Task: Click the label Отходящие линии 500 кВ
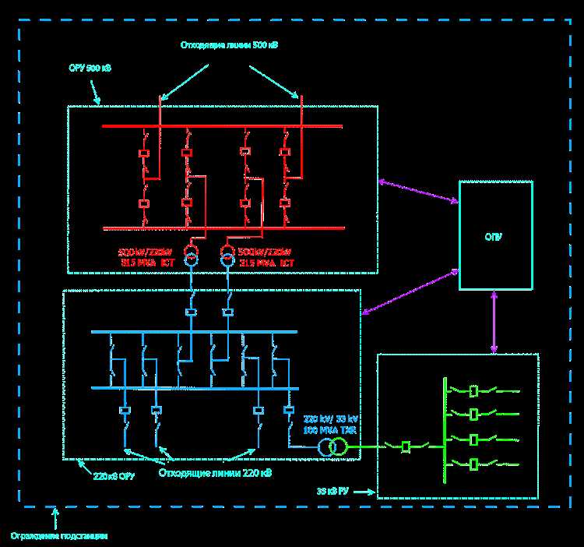click(229, 45)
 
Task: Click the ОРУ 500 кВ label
click(90, 69)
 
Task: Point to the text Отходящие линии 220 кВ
click(215, 472)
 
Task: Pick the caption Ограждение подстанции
click(59, 535)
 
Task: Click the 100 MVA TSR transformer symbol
click(332, 446)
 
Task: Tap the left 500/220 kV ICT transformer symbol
click(190, 256)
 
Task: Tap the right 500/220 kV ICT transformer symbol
click(227, 256)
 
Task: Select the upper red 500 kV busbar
click(222, 125)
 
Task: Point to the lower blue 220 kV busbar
click(195, 387)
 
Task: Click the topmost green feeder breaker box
click(473, 390)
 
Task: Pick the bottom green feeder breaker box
click(473, 464)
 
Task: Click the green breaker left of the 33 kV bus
click(406, 446)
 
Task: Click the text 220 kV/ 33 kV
click(331, 418)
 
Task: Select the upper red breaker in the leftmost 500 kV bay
click(144, 153)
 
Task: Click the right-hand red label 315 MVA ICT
click(267, 263)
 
